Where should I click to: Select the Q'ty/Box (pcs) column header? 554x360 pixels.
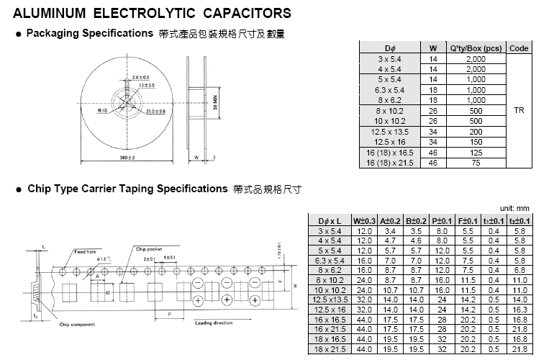click(476, 48)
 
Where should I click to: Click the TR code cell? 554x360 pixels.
click(519, 111)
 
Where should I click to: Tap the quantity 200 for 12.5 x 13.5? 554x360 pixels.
click(476, 132)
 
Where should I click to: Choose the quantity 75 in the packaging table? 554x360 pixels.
click(476, 163)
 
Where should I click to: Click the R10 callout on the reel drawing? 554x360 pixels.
click(103, 112)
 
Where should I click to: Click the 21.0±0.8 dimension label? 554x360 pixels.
click(155, 112)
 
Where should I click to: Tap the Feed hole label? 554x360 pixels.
click(85, 251)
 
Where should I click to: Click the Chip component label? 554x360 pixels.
click(78, 325)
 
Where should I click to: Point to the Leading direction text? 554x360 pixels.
click(214, 323)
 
